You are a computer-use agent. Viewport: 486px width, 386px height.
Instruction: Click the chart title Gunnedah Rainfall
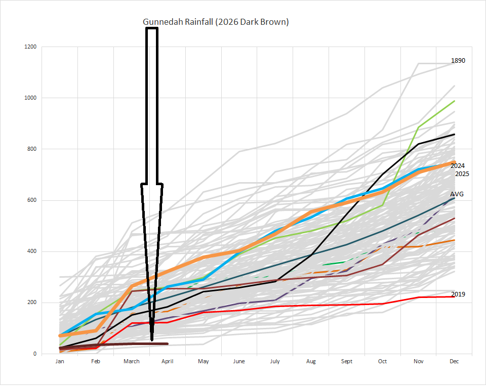tap(216, 22)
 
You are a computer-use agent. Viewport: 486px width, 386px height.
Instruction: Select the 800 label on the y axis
tap(31, 149)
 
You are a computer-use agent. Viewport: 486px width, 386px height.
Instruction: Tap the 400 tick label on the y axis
tap(31, 251)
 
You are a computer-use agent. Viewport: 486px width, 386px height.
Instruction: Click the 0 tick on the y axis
tap(34, 354)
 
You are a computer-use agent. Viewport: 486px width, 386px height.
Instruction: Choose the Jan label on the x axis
tap(60, 361)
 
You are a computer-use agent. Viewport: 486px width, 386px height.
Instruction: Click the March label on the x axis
tap(131, 361)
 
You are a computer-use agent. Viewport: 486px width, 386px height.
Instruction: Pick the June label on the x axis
tap(239, 361)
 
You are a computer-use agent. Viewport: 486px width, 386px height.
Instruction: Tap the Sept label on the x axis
tap(346, 361)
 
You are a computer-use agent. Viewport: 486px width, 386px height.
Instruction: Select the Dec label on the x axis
tap(454, 361)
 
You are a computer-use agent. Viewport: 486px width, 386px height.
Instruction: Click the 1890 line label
tap(458, 61)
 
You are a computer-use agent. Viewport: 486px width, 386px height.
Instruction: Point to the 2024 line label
tap(458, 166)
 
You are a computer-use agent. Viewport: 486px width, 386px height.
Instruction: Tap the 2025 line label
tap(462, 174)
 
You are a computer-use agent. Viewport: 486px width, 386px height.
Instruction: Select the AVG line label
tap(457, 194)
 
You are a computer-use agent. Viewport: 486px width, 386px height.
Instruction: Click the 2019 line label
tap(458, 294)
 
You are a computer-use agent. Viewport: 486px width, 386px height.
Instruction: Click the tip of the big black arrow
tap(152, 340)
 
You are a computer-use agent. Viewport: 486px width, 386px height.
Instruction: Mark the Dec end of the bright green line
tap(455, 101)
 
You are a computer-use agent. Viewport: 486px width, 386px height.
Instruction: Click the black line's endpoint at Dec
tap(455, 135)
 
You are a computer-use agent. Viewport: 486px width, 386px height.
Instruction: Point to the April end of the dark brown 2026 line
tap(168, 344)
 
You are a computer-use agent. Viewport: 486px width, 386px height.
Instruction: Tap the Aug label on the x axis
tap(311, 361)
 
